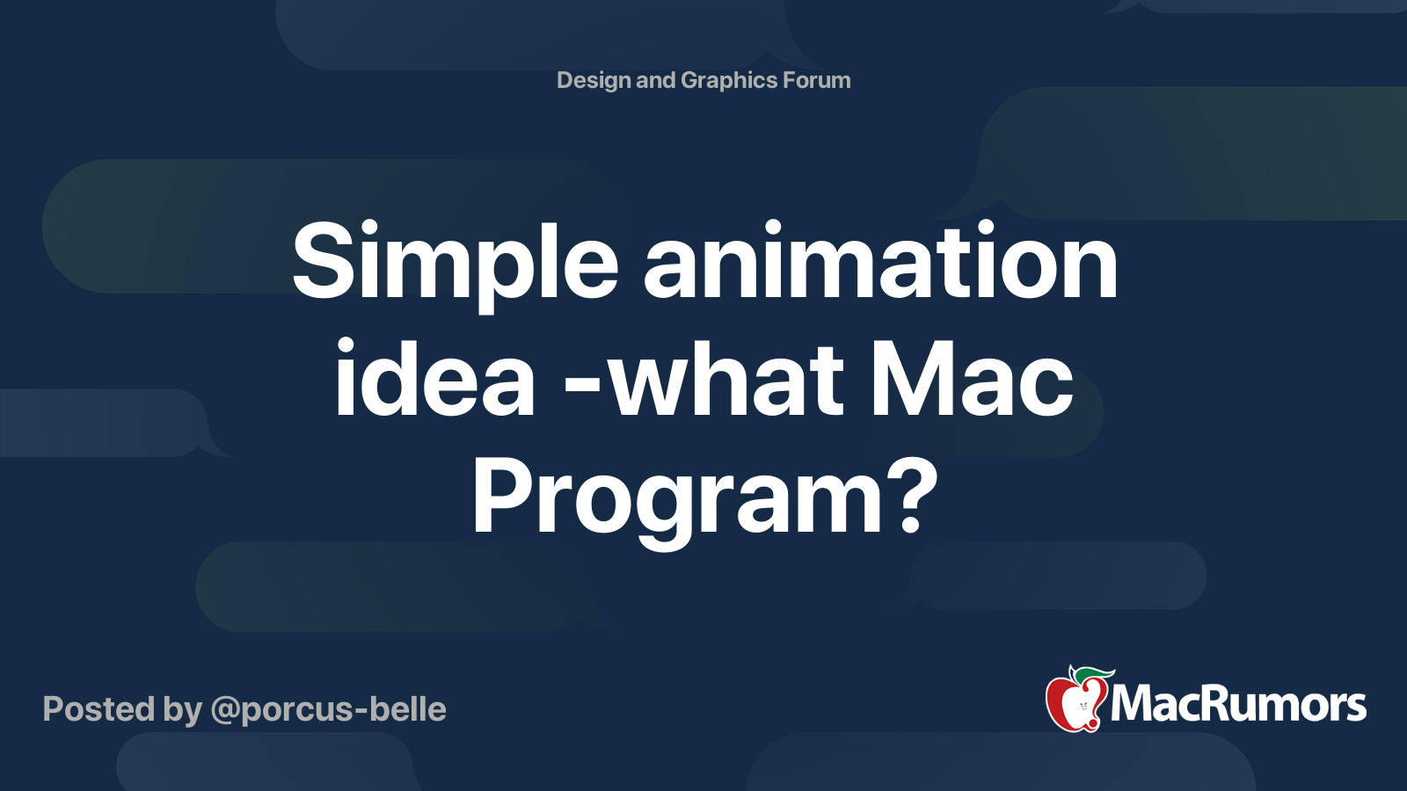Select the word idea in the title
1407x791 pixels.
[434, 381]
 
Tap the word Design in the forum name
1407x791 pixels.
[594, 81]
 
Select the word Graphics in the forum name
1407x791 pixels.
[728, 81]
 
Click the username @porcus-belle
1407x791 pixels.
[328, 709]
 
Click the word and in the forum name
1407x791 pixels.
[655, 81]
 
